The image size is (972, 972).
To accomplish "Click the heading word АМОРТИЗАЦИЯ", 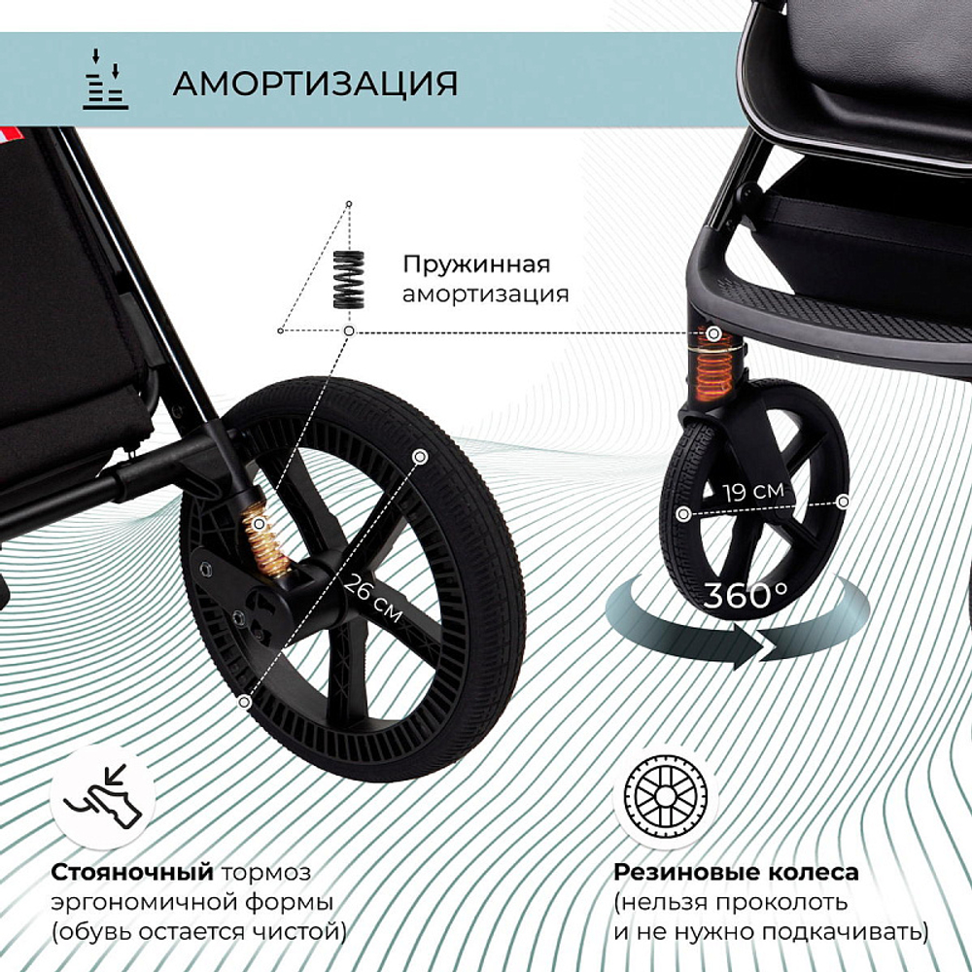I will [x=315, y=84].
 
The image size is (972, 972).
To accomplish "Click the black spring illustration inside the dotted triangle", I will [x=348, y=280].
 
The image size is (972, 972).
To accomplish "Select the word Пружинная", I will [x=476, y=264].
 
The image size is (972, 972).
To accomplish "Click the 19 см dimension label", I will [x=752, y=490].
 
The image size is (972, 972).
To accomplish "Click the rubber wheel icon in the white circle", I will [x=666, y=797].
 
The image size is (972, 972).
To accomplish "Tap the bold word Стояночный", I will [x=132, y=871].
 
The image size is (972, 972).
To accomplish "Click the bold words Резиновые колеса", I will [x=736, y=871].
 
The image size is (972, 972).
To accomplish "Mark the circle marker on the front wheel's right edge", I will [x=844, y=501].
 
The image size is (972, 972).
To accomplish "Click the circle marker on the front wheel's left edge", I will [x=684, y=512].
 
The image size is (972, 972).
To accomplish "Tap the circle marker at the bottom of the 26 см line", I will [x=244, y=699].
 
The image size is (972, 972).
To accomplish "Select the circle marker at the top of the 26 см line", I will [x=420, y=455].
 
